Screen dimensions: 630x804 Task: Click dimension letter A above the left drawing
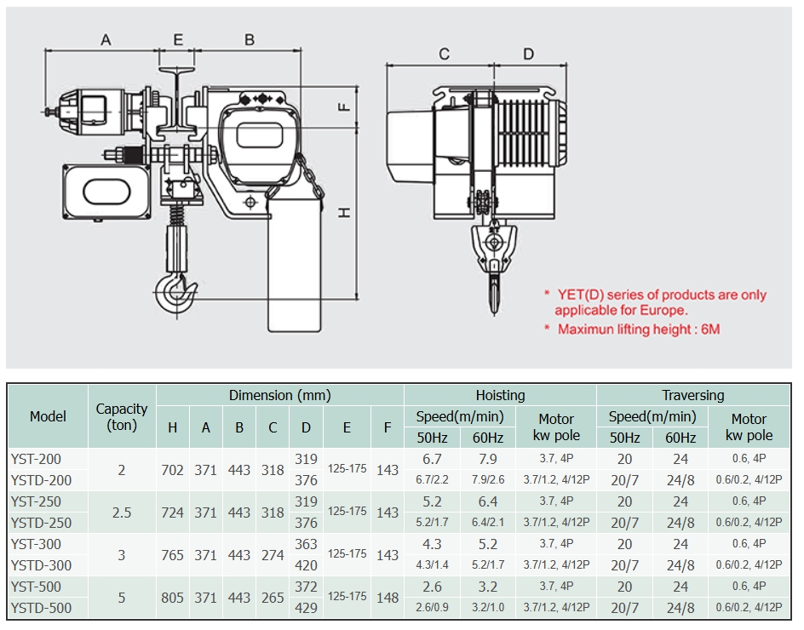click(106, 39)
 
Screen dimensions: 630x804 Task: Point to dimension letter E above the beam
click(178, 39)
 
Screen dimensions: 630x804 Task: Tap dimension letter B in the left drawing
click(250, 39)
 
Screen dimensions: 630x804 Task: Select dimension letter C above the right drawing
click(444, 54)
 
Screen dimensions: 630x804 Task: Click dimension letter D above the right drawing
click(528, 54)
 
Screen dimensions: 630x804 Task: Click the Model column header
click(48, 416)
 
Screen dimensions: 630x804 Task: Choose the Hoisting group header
click(500, 395)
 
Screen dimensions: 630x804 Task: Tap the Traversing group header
click(693, 395)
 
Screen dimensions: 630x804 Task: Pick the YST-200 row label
click(36, 459)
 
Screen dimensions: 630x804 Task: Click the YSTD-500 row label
click(41, 608)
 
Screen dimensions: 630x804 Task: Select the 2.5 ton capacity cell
click(122, 513)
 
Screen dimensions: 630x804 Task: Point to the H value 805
click(172, 598)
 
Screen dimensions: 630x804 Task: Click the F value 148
click(388, 598)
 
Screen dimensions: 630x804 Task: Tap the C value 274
click(273, 555)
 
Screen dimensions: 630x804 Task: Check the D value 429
click(306, 608)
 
